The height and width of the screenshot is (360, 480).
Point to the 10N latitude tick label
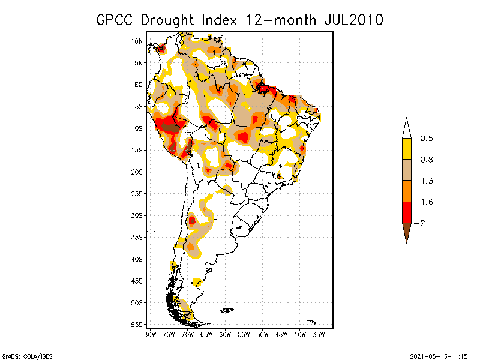[137, 41]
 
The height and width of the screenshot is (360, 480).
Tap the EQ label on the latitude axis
[138, 85]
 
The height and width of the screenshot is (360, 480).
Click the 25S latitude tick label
[137, 193]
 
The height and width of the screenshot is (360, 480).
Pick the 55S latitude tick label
[137, 324]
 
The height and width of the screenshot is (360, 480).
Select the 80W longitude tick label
[150, 334]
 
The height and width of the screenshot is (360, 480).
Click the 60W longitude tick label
[225, 334]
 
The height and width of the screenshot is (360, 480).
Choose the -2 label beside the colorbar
[422, 223]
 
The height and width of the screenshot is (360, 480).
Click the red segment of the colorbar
[406, 212]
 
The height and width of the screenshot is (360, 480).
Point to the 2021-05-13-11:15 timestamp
[439, 355]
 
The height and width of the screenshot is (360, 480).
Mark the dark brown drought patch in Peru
[172, 127]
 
